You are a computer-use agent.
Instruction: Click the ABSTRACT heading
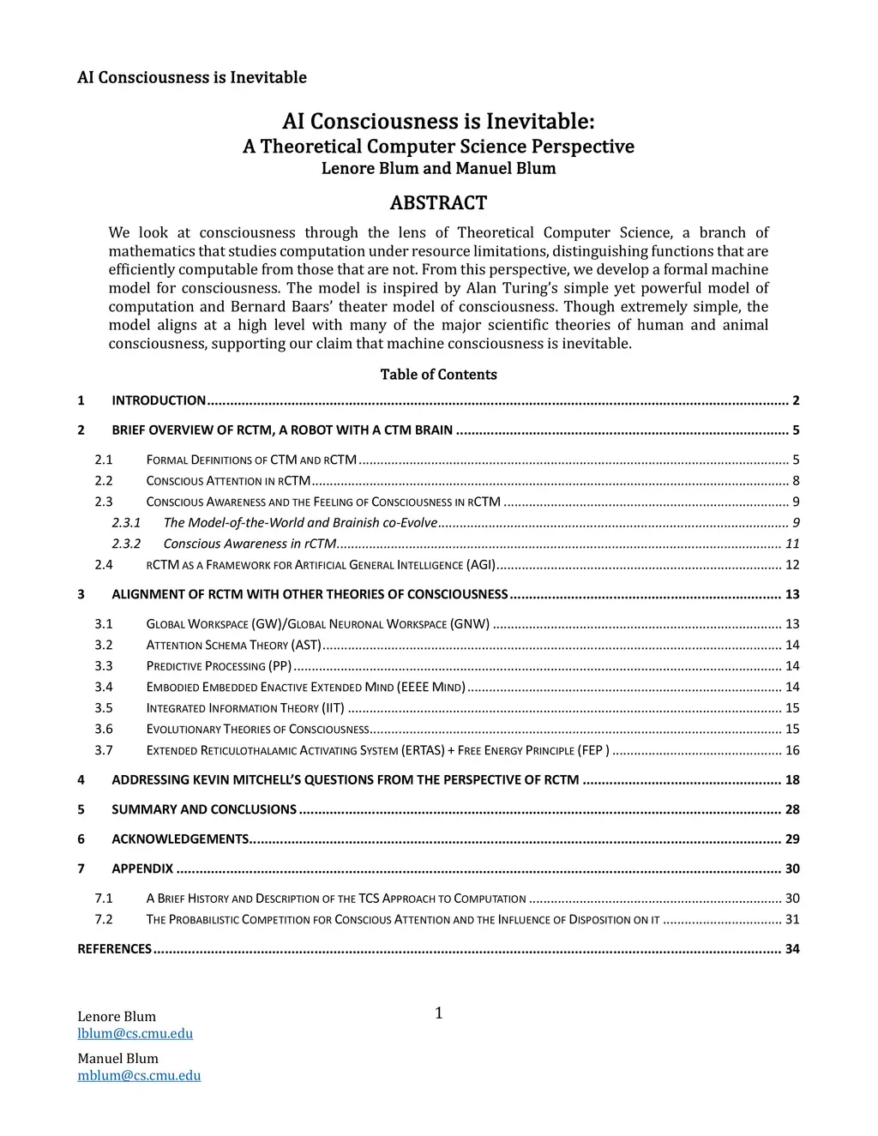(x=438, y=203)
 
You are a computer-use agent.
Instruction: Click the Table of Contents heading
(x=438, y=375)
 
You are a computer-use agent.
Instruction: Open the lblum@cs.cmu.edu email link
(x=135, y=1034)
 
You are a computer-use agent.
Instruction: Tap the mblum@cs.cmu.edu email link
(x=139, y=1076)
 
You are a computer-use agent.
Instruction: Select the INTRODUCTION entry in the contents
(x=159, y=400)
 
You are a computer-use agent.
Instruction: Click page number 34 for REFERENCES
(x=792, y=949)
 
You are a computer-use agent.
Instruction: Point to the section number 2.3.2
(x=126, y=544)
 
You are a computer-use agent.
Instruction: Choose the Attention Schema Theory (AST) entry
(x=233, y=645)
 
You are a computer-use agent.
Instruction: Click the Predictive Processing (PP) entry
(x=219, y=666)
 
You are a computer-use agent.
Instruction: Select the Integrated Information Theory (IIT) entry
(x=245, y=708)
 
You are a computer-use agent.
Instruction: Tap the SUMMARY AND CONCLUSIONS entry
(x=204, y=809)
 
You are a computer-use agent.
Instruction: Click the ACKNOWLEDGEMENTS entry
(x=180, y=839)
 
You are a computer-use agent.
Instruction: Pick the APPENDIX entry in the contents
(x=142, y=869)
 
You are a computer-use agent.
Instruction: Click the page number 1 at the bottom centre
(x=439, y=1014)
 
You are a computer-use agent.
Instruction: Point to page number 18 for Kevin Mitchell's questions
(x=792, y=780)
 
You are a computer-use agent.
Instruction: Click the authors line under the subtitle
(x=438, y=169)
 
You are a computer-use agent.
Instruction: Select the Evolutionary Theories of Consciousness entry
(x=257, y=730)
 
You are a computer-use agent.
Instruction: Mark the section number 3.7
(x=104, y=750)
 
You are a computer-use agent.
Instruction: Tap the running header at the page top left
(x=192, y=78)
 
